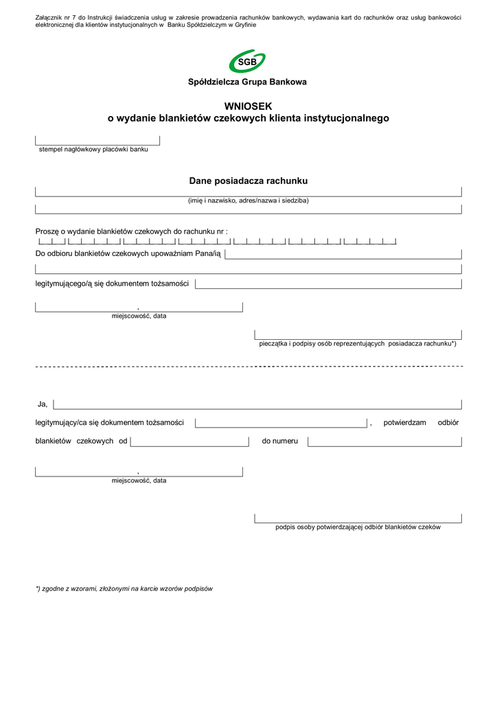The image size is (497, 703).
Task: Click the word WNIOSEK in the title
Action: [x=248, y=106]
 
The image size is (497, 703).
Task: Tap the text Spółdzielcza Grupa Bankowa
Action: [x=248, y=82]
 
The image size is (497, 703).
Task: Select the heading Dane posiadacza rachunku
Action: [x=248, y=181]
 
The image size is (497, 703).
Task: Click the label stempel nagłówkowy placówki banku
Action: [x=93, y=149]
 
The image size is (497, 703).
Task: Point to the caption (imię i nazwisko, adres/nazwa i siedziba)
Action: [x=248, y=200]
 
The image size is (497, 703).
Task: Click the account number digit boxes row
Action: [x=217, y=242]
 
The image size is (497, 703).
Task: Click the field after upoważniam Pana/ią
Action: [x=343, y=255]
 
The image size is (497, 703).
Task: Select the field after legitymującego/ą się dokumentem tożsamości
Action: [x=328, y=284]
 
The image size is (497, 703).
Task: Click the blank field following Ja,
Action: [x=257, y=404]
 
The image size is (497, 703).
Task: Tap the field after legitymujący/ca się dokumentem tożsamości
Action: [x=281, y=423]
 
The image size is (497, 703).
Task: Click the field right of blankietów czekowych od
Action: [x=189, y=441]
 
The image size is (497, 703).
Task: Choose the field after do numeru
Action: [x=384, y=441]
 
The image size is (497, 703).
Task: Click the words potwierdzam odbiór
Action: [x=421, y=423]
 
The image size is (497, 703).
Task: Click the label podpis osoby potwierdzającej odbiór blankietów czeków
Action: [x=358, y=527]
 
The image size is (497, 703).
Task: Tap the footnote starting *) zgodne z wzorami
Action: [x=124, y=588]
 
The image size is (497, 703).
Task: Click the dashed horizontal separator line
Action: [x=248, y=367]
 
